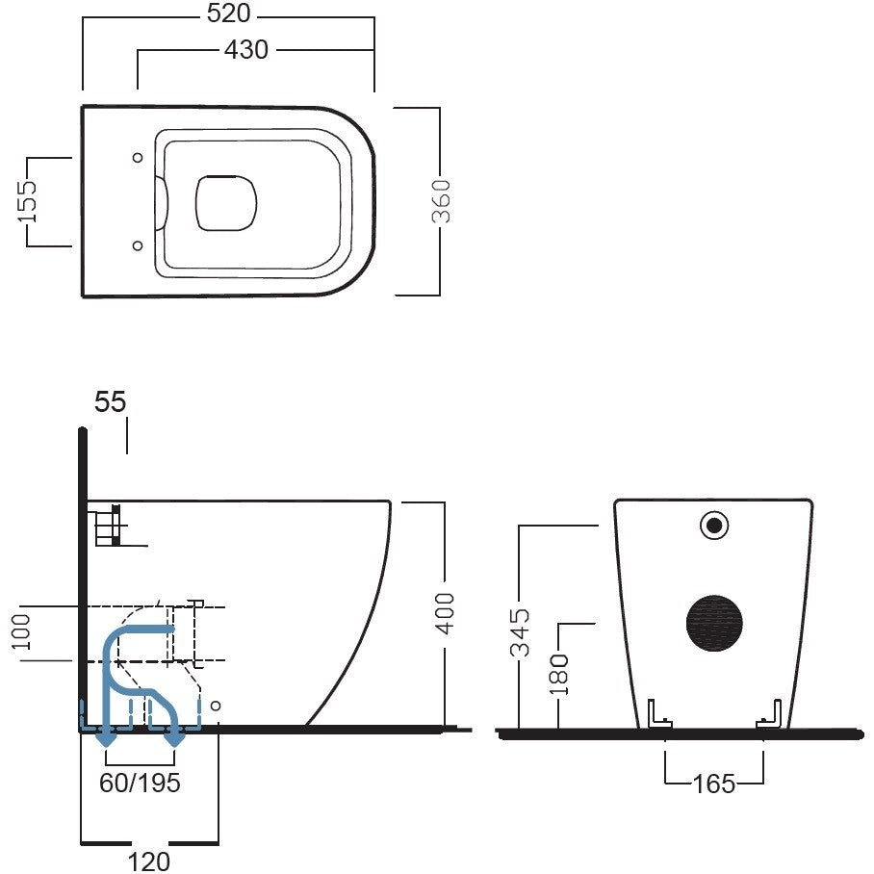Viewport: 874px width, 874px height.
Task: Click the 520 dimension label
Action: [x=228, y=13]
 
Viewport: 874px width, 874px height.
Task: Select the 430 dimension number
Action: [x=246, y=50]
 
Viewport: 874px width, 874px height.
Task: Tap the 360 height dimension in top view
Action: [x=441, y=201]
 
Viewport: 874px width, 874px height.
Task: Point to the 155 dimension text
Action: [x=27, y=201]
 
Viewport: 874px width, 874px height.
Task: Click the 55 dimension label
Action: [x=111, y=401]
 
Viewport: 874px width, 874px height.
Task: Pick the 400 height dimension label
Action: [x=445, y=613]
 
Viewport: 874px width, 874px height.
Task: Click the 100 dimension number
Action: [x=21, y=632]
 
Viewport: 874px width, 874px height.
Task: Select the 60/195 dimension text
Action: [x=140, y=783]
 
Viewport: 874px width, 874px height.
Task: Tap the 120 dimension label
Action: [x=149, y=861]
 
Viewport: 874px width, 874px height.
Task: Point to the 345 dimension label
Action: [x=520, y=632]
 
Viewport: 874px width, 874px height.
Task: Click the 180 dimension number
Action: [x=558, y=675]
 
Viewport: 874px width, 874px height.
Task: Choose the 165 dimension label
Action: [x=714, y=784]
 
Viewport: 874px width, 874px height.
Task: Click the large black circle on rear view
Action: [x=714, y=623]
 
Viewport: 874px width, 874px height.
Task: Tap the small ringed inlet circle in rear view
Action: [x=714, y=525]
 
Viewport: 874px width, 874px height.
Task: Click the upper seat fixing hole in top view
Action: [x=137, y=158]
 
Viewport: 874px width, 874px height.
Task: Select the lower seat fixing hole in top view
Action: [x=137, y=245]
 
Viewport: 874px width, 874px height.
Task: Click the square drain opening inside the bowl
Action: [x=226, y=202]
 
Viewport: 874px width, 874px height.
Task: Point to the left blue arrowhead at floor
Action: [x=105, y=738]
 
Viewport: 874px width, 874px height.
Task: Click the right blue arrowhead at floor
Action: [x=176, y=738]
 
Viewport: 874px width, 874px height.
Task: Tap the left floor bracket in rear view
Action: [x=658, y=715]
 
